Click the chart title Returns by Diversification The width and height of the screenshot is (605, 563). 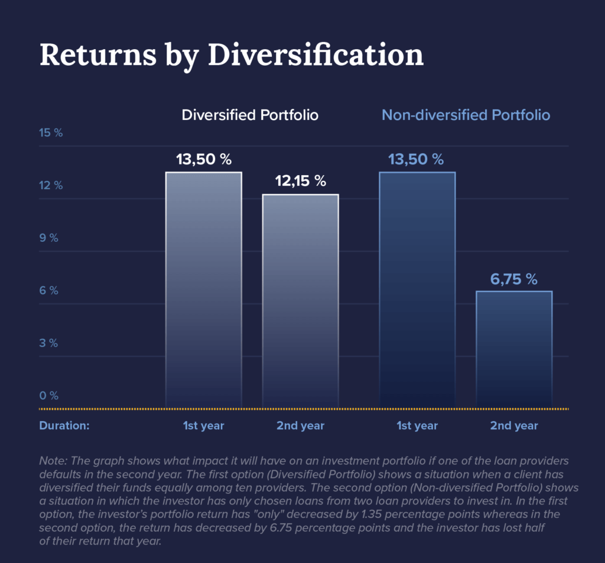(231, 55)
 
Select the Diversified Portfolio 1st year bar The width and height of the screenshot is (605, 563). (203, 290)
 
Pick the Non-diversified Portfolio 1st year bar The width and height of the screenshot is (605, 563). (417, 290)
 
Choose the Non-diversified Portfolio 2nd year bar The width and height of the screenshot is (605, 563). (514, 349)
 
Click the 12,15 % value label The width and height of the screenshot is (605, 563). (301, 182)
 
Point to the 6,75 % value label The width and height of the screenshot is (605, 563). (514, 279)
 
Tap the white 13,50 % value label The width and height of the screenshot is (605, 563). (204, 160)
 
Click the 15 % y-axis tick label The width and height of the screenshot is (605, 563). (51, 133)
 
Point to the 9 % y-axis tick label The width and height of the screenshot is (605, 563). (48, 238)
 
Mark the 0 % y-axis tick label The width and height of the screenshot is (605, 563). (48, 396)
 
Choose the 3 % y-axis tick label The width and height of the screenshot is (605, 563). (48, 344)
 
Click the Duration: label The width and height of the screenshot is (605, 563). (64, 426)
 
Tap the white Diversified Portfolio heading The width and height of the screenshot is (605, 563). (250, 115)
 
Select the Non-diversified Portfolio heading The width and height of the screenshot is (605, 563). (466, 115)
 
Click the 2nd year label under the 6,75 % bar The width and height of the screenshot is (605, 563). (514, 426)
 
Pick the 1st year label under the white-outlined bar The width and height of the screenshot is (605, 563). (204, 426)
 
